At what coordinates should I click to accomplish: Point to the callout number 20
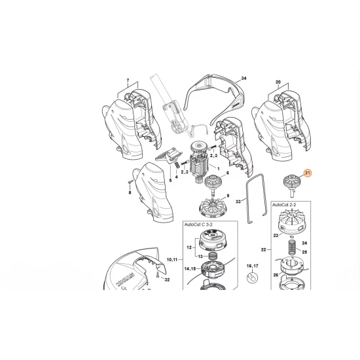pos(278,83)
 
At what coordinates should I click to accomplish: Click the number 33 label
pos(238,203)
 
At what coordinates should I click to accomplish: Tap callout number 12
pos(190,248)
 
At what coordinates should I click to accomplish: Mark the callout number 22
pos(263,249)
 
